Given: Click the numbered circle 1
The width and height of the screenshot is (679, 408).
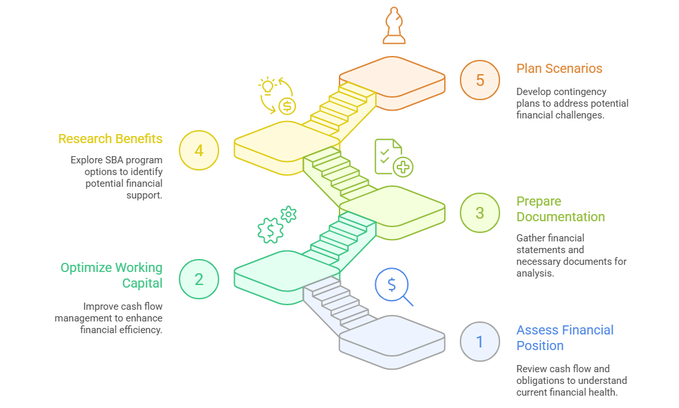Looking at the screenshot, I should (479, 342).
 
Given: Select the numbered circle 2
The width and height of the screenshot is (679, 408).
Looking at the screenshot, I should (198, 279).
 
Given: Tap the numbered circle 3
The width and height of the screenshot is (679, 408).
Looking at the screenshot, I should (479, 213).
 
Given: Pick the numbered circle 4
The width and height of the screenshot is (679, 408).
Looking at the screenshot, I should (198, 150).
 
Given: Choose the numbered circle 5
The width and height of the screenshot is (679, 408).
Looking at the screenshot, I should (479, 80).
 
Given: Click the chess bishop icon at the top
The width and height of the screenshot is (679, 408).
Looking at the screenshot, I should (393, 26).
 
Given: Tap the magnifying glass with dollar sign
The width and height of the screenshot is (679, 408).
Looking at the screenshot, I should (394, 287).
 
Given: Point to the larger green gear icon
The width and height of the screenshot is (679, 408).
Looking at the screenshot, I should (270, 230).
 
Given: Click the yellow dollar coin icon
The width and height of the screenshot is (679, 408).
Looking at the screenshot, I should (287, 105).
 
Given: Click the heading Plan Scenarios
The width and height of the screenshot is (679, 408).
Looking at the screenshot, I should (559, 68).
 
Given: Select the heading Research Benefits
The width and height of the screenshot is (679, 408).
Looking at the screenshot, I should (110, 139).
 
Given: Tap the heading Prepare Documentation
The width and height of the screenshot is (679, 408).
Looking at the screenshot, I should (560, 209).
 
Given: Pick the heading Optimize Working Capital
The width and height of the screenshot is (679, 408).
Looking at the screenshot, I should (111, 275).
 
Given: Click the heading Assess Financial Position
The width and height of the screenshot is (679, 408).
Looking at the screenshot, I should (565, 338).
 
